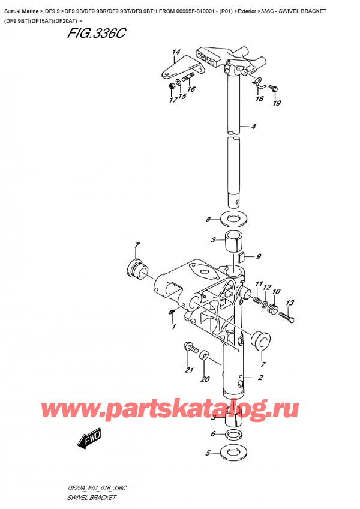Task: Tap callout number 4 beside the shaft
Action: click(254, 127)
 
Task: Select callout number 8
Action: click(208, 220)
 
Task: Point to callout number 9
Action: click(259, 258)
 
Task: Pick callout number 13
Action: click(290, 303)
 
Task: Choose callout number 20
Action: click(204, 379)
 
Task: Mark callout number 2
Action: click(261, 378)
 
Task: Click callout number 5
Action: click(208, 453)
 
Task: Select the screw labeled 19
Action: click(274, 88)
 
